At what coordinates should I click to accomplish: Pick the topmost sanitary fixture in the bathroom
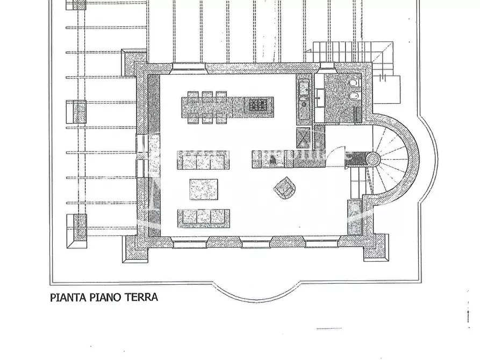pos(353,84)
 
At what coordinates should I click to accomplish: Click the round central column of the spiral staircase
pos(372,159)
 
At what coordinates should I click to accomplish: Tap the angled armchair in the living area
pos(284,187)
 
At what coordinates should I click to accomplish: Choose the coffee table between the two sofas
pos(204,189)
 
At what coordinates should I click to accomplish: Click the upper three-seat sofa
pos(203,161)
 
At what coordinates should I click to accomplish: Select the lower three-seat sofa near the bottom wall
pos(204,217)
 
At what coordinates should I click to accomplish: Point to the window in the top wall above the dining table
pos(189,67)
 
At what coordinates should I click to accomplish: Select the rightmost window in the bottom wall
pos(322,243)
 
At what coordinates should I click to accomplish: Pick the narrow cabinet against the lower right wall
pos(355,217)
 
